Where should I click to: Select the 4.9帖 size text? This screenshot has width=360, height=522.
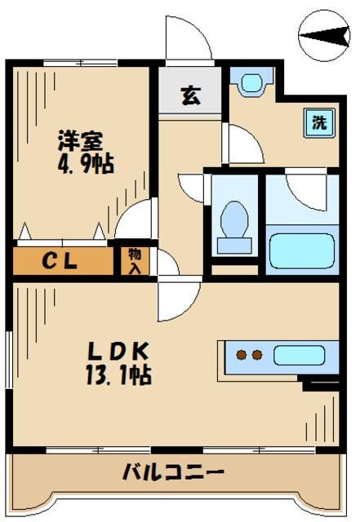87,162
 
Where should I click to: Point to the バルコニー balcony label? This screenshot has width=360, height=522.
173,471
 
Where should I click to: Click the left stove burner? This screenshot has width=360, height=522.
242,355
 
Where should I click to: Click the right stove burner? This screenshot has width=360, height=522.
256,355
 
